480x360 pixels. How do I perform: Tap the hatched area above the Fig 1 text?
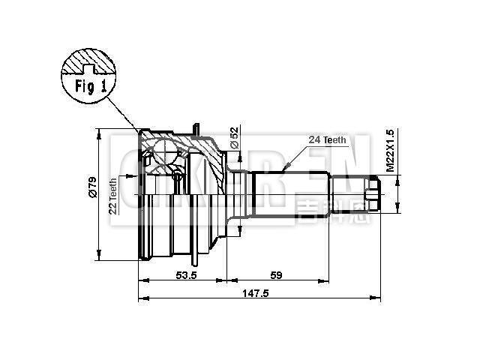(x=88, y=60)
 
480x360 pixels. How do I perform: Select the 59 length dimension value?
(x=276, y=275)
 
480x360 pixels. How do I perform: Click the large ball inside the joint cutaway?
(x=159, y=156)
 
